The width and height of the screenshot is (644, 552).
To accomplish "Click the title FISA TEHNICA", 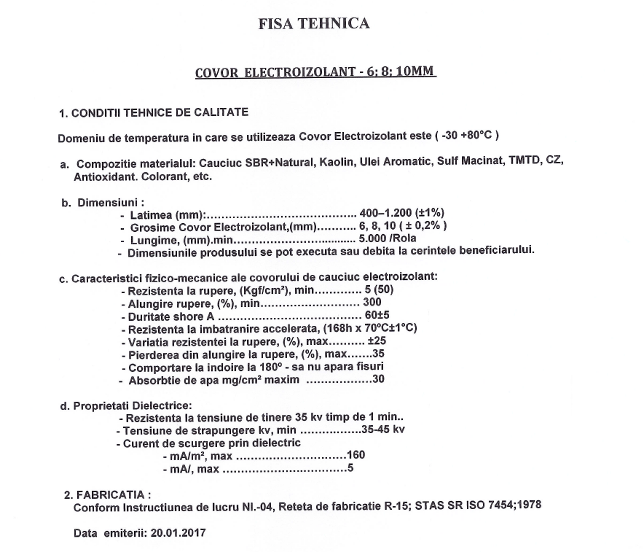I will tap(314, 23).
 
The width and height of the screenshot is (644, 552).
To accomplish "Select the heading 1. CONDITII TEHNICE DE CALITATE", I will tap(154, 113).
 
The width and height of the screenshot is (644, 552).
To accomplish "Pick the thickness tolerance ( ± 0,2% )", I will tap(419, 226).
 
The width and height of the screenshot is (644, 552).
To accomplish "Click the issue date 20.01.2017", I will tap(178, 533).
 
